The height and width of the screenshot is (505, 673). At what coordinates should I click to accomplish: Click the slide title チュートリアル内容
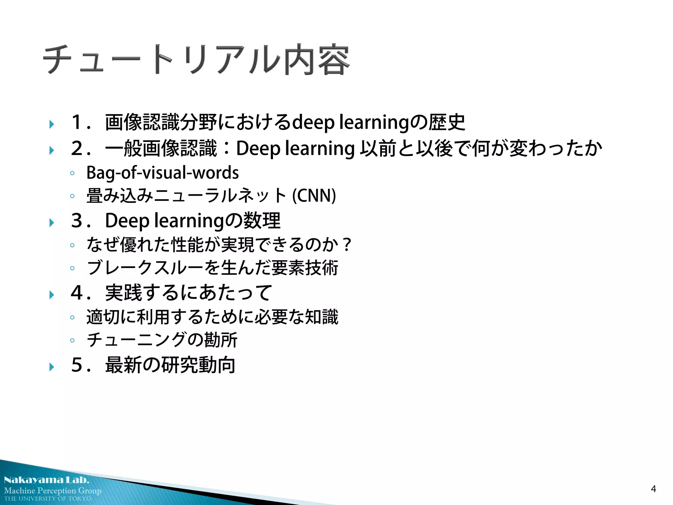(196, 60)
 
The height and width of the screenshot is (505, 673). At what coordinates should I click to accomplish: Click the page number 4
(653, 489)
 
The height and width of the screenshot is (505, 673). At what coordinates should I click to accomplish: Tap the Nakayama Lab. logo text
(47, 480)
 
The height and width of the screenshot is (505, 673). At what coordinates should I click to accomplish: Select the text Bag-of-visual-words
(162, 173)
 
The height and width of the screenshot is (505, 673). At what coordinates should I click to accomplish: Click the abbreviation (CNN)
(314, 196)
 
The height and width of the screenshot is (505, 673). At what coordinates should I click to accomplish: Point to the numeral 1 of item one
(76, 122)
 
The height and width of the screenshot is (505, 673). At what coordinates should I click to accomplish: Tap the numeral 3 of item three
(77, 220)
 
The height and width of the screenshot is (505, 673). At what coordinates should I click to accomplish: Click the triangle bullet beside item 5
(52, 367)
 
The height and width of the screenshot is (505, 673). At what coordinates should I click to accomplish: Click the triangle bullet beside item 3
(52, 223)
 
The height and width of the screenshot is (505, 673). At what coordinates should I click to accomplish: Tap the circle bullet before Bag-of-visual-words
(72, 173)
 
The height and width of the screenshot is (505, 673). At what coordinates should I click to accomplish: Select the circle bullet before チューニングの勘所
(72, 340)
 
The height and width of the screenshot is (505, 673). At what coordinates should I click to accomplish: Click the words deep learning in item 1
(350, 122)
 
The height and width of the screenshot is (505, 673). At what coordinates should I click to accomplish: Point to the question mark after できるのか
(346, 245)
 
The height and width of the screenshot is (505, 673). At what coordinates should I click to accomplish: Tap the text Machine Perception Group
(53, 491)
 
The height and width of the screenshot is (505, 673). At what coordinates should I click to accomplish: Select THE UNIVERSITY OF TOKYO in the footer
(48, 499)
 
